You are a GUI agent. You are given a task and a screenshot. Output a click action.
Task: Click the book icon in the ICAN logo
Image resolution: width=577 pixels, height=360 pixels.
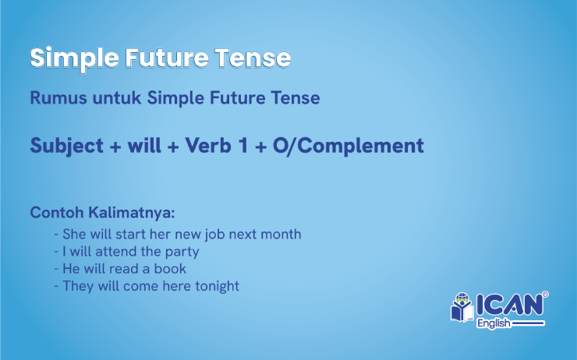click(x=462, y=308)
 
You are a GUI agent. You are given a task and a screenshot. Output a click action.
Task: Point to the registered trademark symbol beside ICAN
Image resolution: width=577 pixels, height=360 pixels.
click(x=545, y=295)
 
